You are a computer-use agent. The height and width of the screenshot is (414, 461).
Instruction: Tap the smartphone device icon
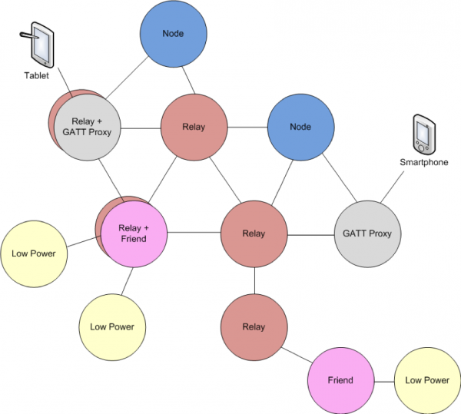coord(423,134)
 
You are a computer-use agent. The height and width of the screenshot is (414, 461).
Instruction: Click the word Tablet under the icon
coord(35,78)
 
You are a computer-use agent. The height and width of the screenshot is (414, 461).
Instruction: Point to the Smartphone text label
coord(423,163)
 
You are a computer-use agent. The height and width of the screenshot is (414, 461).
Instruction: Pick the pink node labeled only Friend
coord(340,380)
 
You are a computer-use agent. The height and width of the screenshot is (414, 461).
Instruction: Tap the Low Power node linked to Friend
coord(426,380)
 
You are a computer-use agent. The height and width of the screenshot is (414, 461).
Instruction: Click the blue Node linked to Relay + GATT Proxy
coord(173,35)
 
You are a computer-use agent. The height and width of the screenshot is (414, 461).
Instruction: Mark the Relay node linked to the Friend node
coord(254,327)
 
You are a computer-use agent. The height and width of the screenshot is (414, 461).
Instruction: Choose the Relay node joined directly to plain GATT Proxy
coord(254,233)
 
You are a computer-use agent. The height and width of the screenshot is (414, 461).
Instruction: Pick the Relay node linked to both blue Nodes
coord(194,128)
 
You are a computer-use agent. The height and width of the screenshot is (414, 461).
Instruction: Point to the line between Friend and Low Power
coord(383,381)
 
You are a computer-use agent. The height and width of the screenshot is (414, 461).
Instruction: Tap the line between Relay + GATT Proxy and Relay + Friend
coord(113,178)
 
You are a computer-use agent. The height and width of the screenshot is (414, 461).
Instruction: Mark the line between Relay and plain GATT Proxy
coord(310,233)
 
